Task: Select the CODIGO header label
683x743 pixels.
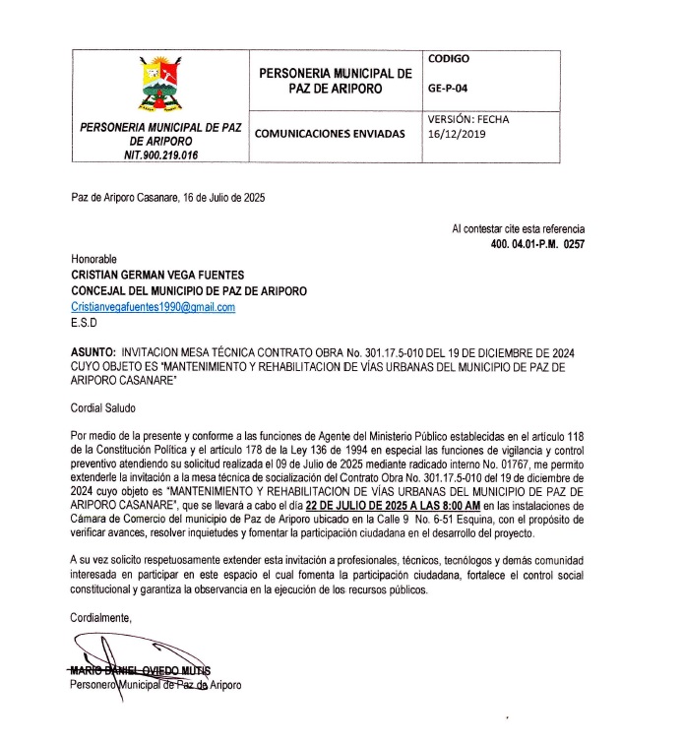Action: (x=448, y=58)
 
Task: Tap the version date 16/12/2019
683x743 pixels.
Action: (x=458, y=135)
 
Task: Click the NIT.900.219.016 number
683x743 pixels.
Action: (x=160, y=155)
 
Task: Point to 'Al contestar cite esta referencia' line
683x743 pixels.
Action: (x=519, y=227)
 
